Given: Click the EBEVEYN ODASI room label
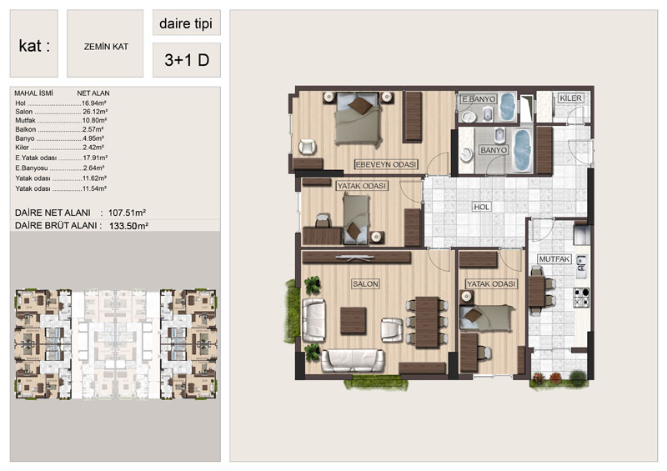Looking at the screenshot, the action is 386,165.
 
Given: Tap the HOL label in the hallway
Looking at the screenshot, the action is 482,207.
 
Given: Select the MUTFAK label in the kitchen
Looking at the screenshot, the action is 554,259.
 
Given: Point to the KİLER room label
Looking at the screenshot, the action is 570,98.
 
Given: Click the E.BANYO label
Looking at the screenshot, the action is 479,99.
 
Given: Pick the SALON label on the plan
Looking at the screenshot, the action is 365,283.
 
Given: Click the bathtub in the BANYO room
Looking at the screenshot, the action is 522,151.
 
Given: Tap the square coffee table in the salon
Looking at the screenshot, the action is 353,321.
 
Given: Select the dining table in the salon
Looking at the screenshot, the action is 427,322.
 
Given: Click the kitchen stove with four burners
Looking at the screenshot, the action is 581,298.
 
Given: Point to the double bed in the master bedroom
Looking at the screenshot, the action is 358,118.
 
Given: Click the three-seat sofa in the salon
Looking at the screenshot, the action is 353,360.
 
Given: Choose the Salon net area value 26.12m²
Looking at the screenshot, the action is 94,112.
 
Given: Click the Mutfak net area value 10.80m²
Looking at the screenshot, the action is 94,120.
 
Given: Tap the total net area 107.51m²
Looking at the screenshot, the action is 128,213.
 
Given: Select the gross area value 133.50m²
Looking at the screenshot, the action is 128,226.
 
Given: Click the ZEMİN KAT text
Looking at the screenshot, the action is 106,47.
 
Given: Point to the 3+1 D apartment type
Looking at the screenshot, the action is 187,60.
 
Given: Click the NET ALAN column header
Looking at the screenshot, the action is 93,93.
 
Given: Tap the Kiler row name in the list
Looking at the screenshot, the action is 23,148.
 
